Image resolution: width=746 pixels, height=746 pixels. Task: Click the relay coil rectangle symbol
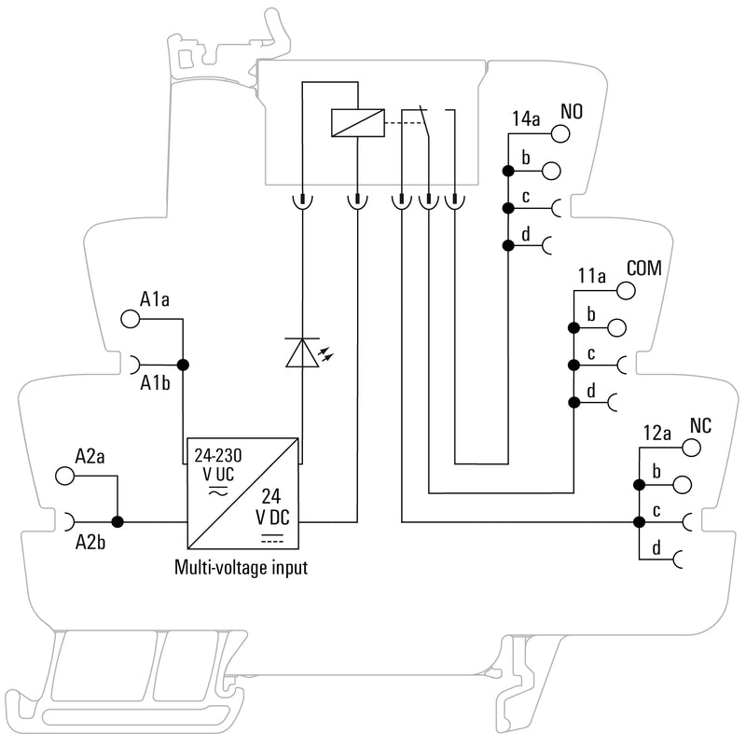pos(356,123)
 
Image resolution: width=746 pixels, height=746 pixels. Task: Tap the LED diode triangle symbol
pos(301,352)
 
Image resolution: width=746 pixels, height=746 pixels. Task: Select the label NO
pos(572,113)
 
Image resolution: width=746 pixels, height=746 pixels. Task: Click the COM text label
pos(642,268)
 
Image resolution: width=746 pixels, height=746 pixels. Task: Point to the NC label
pos(700,425)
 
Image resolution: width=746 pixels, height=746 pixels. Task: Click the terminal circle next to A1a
pos(131,319)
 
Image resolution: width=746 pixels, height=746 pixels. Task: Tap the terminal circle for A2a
pos(65,476)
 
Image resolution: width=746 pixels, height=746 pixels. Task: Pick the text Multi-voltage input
pos(242,566)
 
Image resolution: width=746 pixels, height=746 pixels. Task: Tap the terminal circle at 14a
pos(560,133)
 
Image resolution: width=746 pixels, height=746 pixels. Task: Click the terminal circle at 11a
pos(626,290)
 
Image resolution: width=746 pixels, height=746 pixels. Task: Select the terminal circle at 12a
pos(690,448)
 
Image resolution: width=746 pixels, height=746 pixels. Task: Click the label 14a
pos(526,120)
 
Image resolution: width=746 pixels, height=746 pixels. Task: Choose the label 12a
pos(657,434)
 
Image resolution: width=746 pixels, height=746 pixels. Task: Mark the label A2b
pos(90,541)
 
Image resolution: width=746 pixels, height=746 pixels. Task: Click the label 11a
pos(592,277)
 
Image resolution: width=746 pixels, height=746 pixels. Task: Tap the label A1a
pos(155,299)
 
